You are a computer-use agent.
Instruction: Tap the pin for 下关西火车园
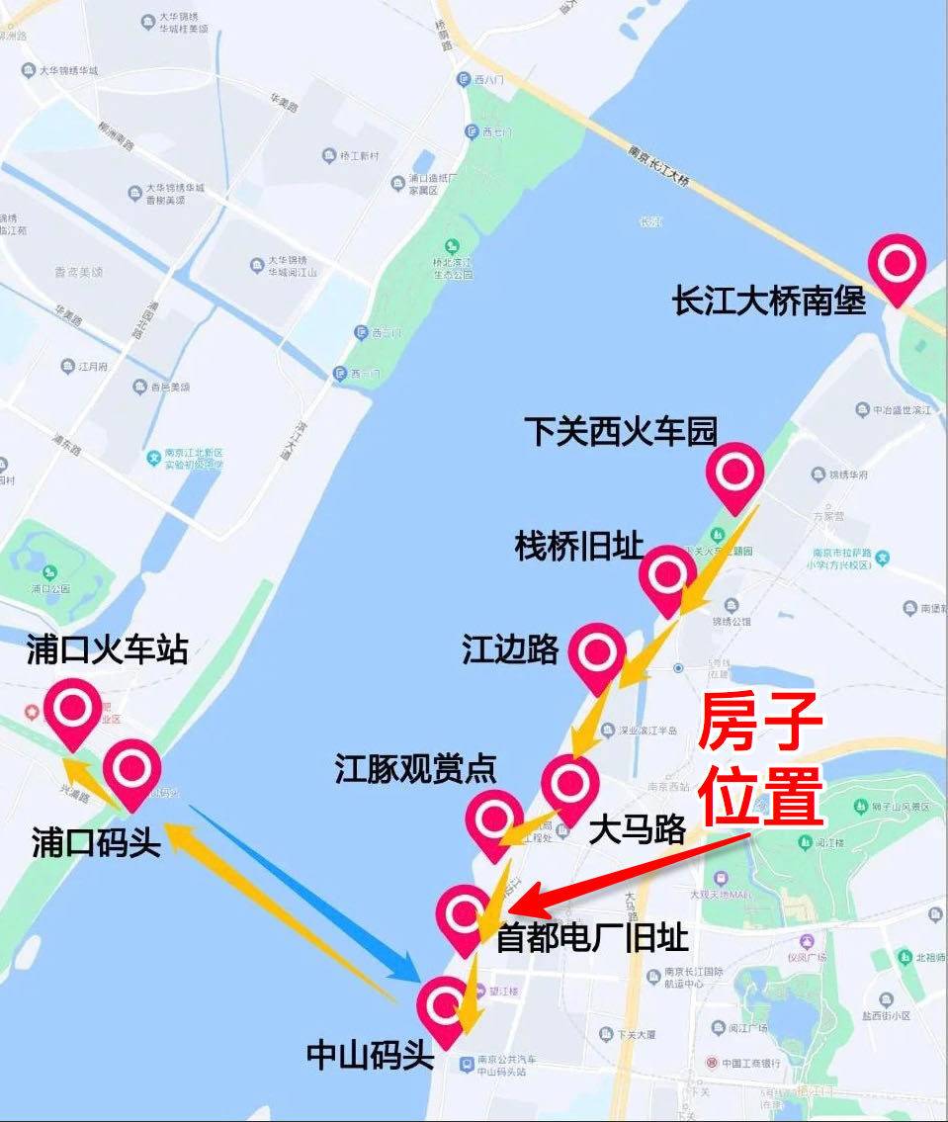pyautogui.click(x=734, y=474)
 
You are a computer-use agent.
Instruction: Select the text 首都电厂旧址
pyautogui.click(x=592, y=936)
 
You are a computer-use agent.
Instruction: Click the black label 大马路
pyautogui.click(x=637, y=830)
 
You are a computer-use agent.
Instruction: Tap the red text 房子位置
pyautogui.click(x=761, y=760)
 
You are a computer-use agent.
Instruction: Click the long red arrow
pyautogui.click(x=633, y=871)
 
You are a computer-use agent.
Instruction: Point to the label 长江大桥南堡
pyautogui.click(x=769, y=301)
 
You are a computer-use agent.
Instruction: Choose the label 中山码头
pyautogui.click(x=371, y=1055)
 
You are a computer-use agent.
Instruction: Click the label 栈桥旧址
pyautogui.click(x=579, y=545)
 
